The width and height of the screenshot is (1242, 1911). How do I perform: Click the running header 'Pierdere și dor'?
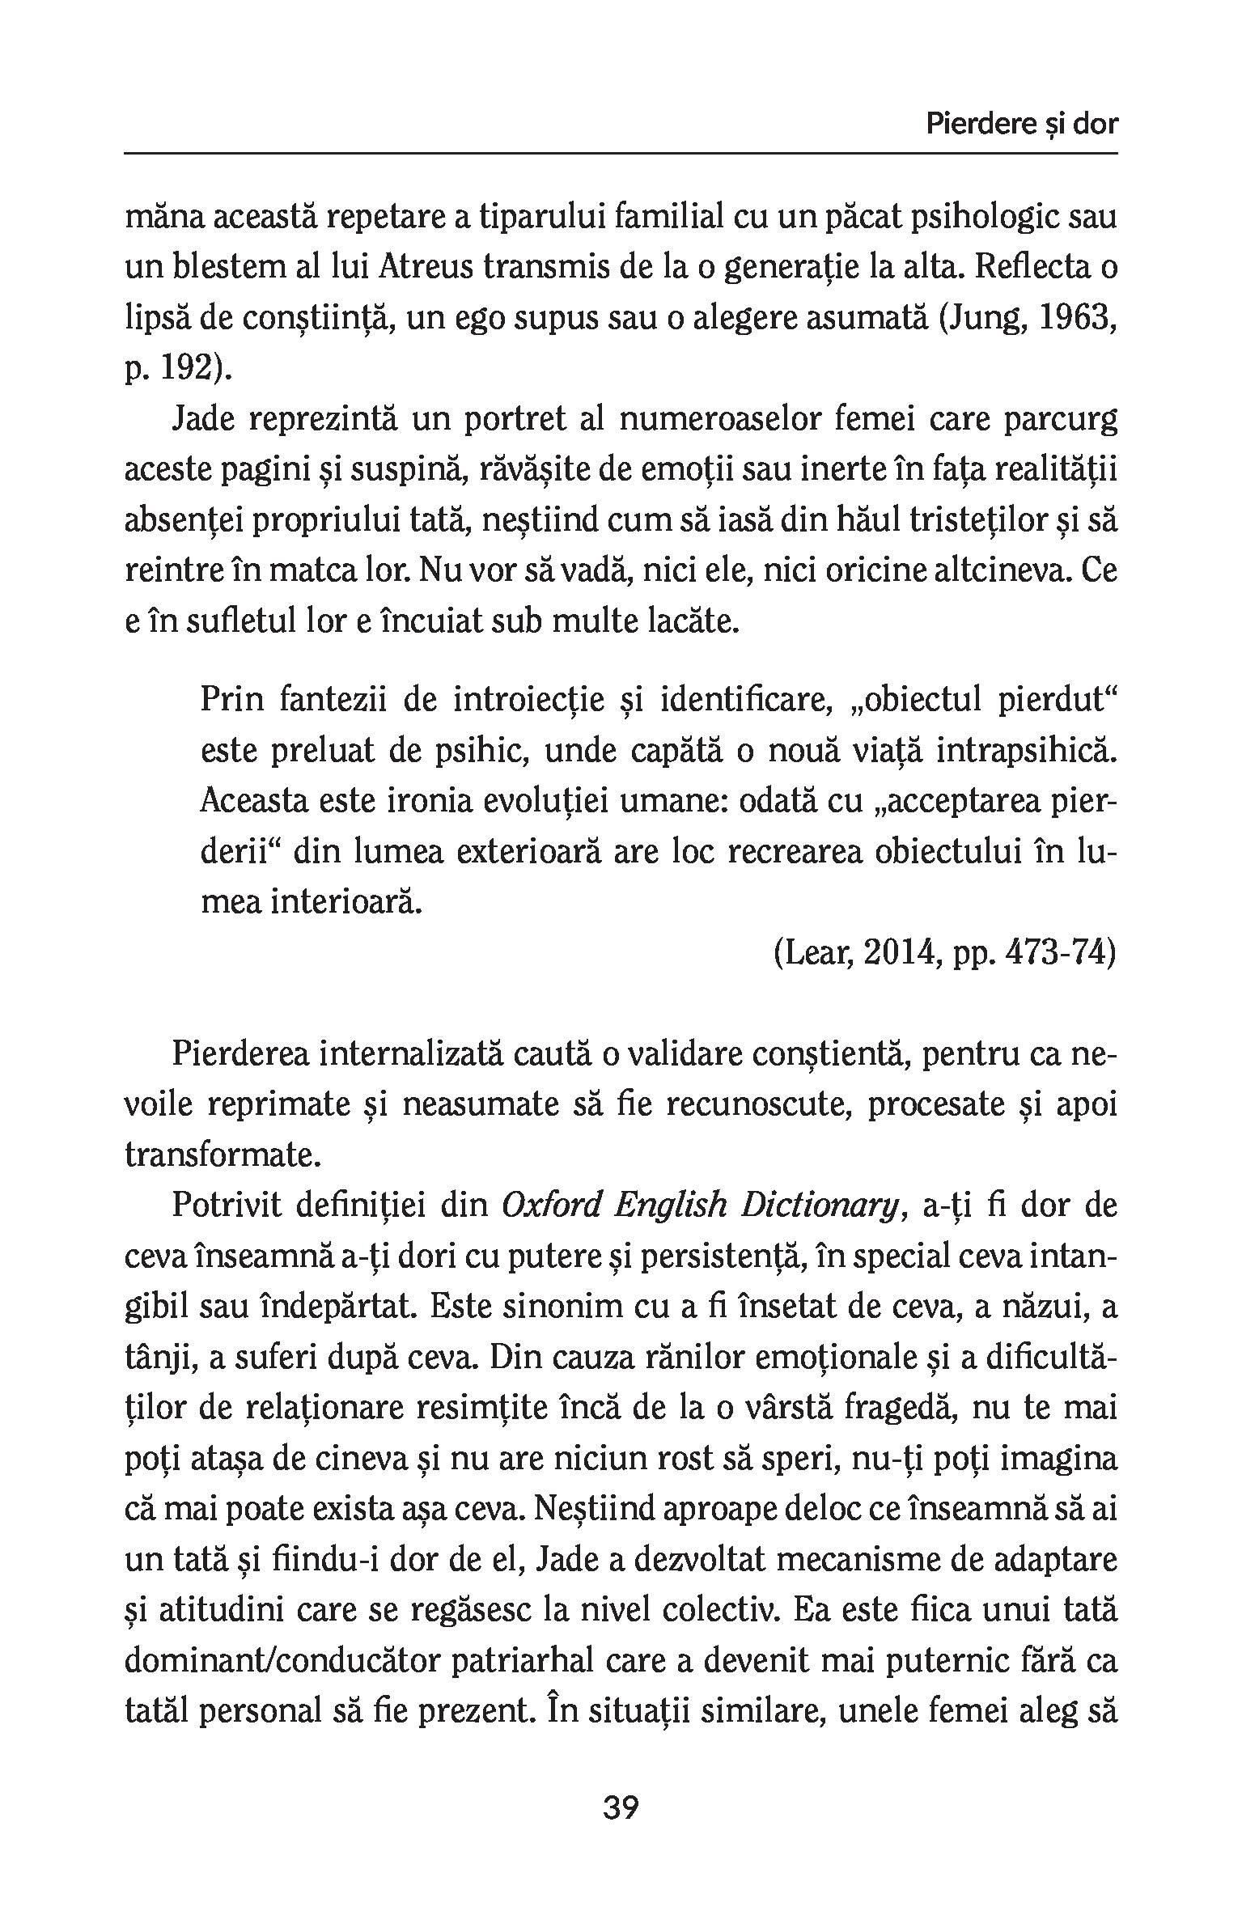pyautogui.click(x=1022, y=125)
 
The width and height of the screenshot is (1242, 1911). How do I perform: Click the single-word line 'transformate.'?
pyautogui.click(x=223, y=1156)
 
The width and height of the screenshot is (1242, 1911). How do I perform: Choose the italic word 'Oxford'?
pyautogui.click(x=551, y=1206)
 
